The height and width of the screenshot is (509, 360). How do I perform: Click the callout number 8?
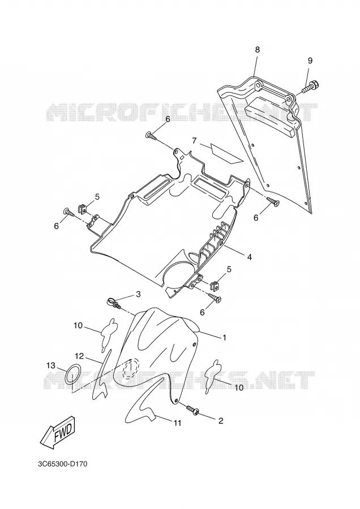pos(258,50)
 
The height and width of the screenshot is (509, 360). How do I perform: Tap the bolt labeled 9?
pos(311,87)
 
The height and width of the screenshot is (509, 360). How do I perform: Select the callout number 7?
pos(194,141)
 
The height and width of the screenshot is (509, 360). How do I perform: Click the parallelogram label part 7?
pos(226,153)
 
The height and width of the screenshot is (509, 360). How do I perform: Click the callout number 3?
pos(139,295)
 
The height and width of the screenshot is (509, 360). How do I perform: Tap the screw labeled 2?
pos(192,409)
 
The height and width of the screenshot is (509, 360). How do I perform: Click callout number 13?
pos(51,365)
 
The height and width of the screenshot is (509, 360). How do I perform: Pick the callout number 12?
pos(80,356)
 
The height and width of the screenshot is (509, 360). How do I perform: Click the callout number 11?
pos(177,423)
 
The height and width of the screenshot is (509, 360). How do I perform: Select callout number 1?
pos(224,338)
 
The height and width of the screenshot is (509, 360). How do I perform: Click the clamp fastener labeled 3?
pos(113,303)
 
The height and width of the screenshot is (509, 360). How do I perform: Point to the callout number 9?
pos(310,61)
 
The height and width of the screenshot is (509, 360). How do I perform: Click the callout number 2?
pos(221,421)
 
